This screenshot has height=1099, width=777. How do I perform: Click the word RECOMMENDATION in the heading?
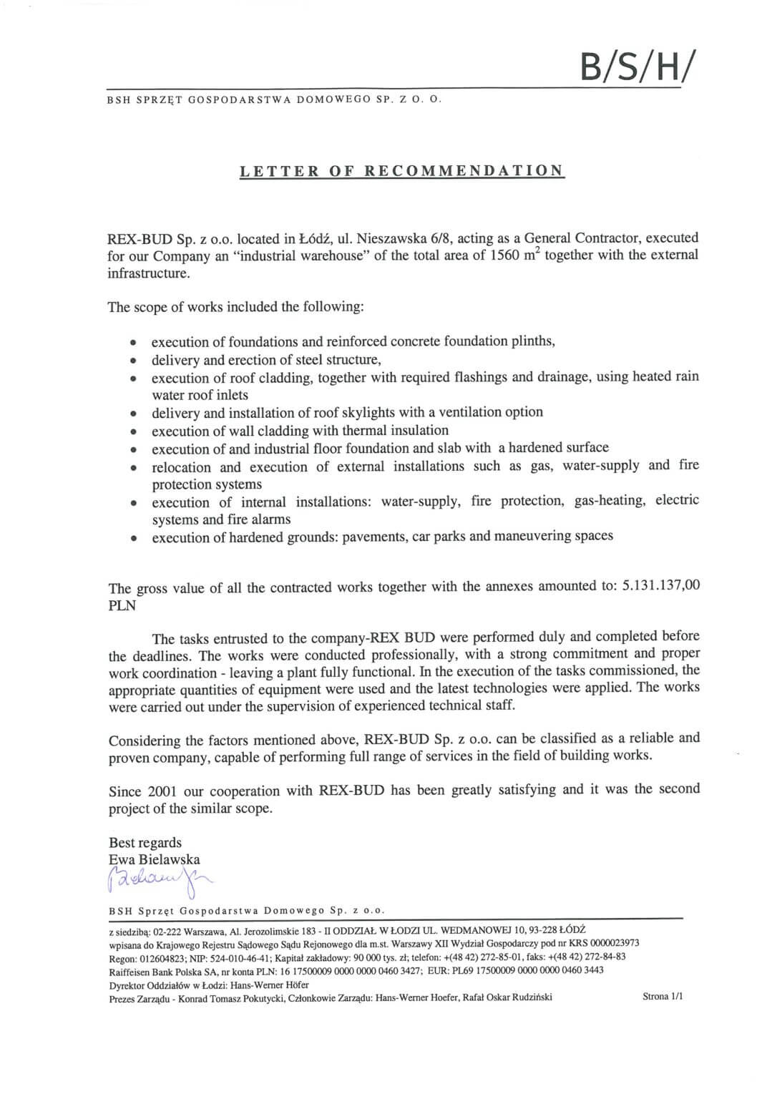click(464, 171)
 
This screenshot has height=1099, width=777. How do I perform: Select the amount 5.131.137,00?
click(661, 585)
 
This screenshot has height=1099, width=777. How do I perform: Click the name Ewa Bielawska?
click(155, 859)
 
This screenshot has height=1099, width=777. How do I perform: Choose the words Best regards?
click(145, 842)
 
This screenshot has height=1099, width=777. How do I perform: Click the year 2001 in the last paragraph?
click(162, 791)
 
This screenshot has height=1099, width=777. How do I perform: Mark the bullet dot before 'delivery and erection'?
click(134, 361)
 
